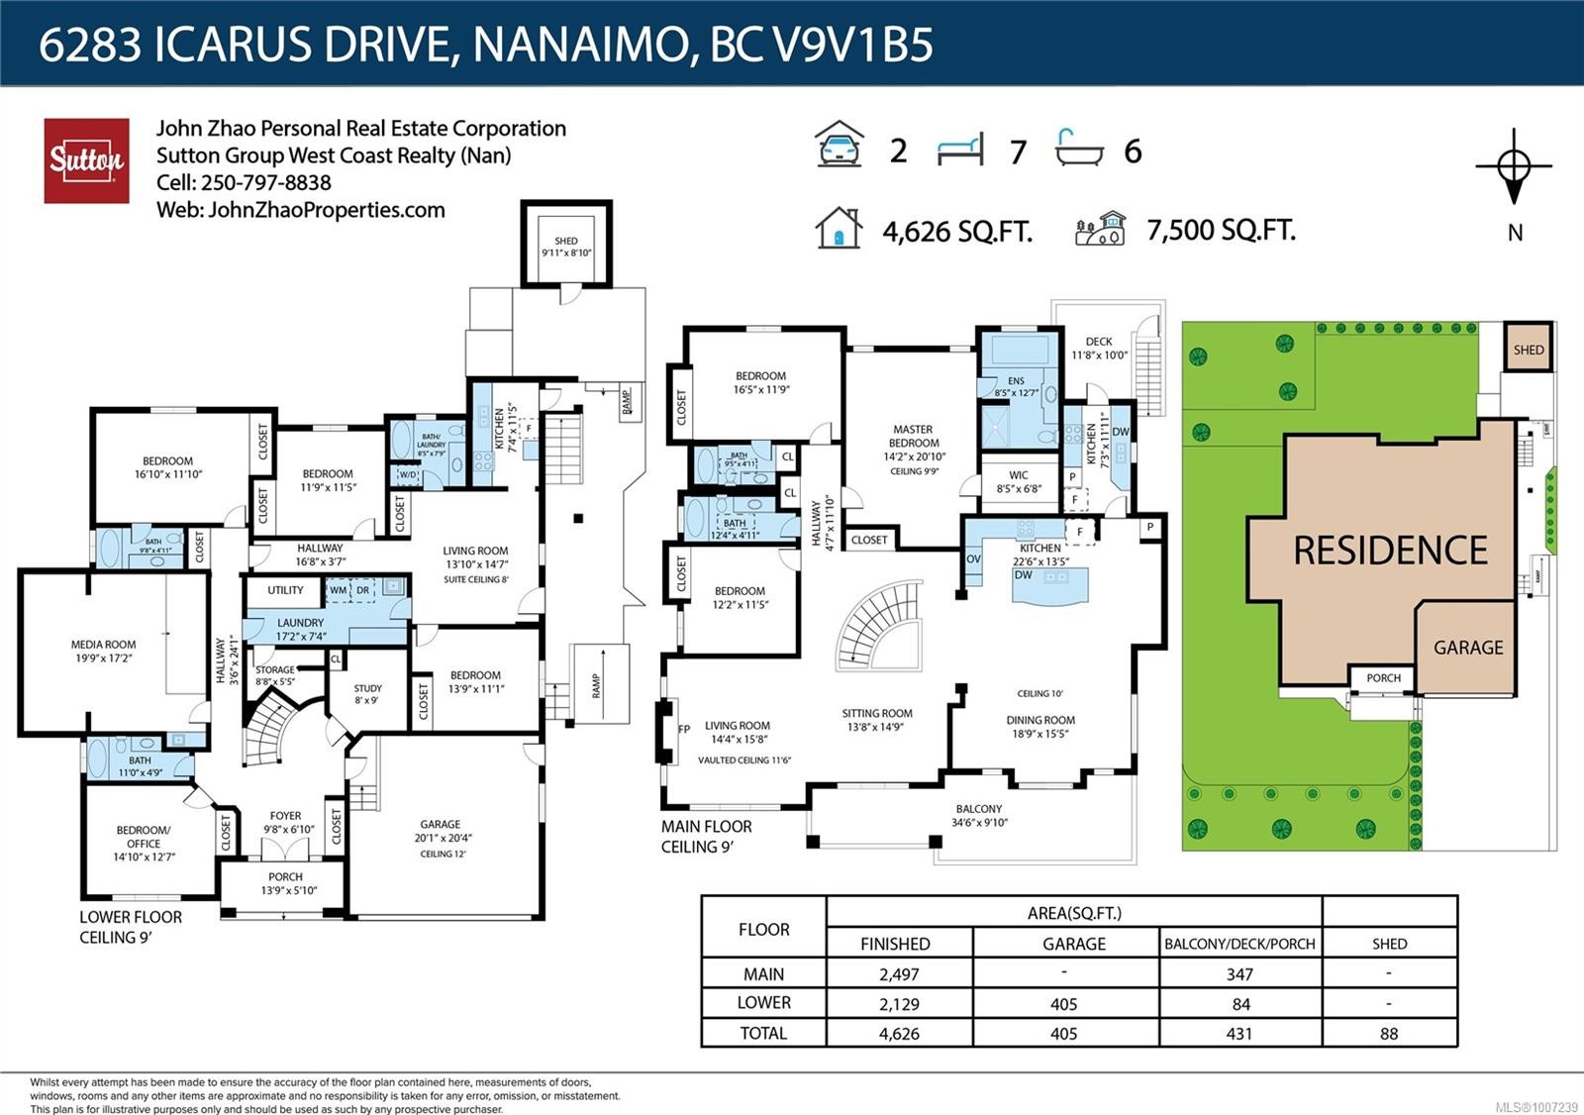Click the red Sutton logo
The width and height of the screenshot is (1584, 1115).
coord(86,160)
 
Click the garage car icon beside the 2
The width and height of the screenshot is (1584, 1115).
coord(840,146)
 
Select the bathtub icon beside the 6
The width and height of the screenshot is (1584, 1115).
coord(1079,148)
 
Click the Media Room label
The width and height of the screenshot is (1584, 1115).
coord(103,651)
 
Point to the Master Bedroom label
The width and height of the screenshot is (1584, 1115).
coord(913,443)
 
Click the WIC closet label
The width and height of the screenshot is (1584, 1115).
coord(1018,481)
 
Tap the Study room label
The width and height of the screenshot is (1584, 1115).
coord(367,693)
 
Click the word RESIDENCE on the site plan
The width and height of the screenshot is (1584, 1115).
coord(1390,551)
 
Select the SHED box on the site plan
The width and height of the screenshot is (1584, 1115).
coord(1528,349)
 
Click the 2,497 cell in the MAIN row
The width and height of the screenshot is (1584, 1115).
coord(899,974)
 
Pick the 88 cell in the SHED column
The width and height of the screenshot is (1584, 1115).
coord(1389,1034)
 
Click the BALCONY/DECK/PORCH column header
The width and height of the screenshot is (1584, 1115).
coord(1239,944)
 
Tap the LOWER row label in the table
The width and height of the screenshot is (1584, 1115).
coord(763,1003)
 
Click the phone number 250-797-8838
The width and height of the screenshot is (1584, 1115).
coord(265,183)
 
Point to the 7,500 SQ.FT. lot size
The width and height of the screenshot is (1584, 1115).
coord(1221,231)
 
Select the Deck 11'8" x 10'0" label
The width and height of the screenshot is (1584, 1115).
coord(1099,348)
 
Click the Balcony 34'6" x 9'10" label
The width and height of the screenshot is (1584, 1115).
coord(979,815)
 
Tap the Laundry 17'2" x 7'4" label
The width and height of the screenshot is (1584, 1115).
coord(300,629)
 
